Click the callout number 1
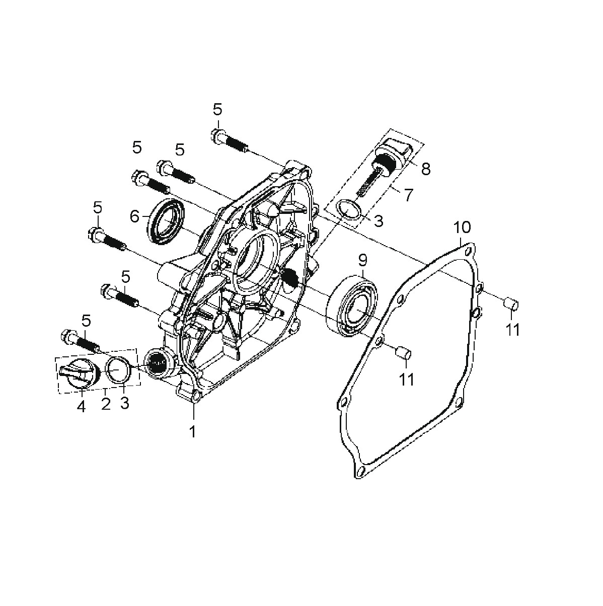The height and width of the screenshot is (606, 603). [192, 431]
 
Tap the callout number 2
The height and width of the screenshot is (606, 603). [106, 404]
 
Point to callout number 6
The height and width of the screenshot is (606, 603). [134, 216]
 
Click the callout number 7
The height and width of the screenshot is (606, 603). [408, 195]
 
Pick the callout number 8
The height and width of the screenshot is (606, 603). [425, 169]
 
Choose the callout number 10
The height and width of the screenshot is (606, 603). [463, 227]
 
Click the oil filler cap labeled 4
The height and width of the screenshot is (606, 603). [80, 373]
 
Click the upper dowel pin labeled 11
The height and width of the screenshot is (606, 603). [512, 304]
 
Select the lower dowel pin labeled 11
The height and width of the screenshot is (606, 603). [404, 352]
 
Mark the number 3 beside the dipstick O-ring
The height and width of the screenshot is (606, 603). [379, 221]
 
